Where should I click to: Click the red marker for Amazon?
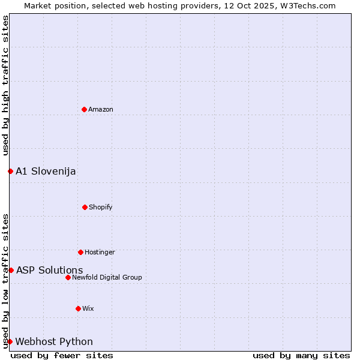[84, 109]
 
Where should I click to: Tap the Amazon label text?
[101, 109]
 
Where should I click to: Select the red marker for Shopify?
[85, 207]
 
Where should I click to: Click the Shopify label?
[101, 207]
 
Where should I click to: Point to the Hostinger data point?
[80, 252]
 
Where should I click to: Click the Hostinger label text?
[100, 252]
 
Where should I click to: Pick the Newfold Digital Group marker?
[68, 277]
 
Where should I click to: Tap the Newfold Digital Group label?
[107, 277]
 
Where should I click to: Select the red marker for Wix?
[78, 308]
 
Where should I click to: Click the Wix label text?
[88, 308]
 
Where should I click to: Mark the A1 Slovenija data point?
[10, 171]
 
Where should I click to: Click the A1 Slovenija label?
[46, 171]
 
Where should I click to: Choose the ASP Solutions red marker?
[11, 270]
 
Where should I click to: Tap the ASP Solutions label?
[49, 270]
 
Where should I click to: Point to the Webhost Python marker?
[10, 341]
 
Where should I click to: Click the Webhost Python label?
[54, 341]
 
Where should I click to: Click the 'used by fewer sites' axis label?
[62, 355]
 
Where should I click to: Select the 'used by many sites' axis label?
[301, 355]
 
